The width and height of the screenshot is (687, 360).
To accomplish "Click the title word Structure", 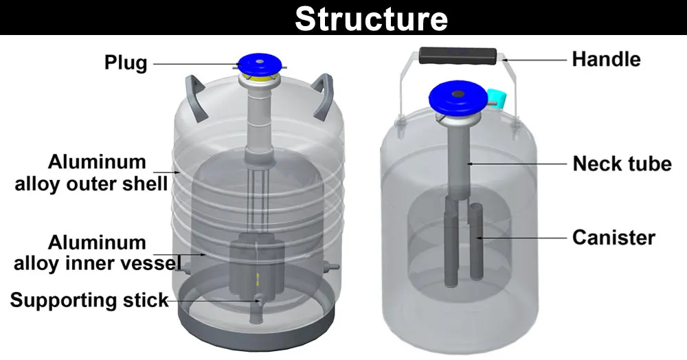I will click(371, 19).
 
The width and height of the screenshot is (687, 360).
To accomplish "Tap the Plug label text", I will click(125, 63).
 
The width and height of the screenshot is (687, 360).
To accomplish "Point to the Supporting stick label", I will click(89, 300).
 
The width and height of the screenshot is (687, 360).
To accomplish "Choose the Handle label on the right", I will click(606, 59).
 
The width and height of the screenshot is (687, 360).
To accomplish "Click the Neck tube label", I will click(622, 164).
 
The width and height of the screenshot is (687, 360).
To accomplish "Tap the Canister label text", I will click(613, 238).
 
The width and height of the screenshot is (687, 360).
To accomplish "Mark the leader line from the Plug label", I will click(196, 64).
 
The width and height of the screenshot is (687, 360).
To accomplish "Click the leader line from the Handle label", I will click(536, 60).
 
